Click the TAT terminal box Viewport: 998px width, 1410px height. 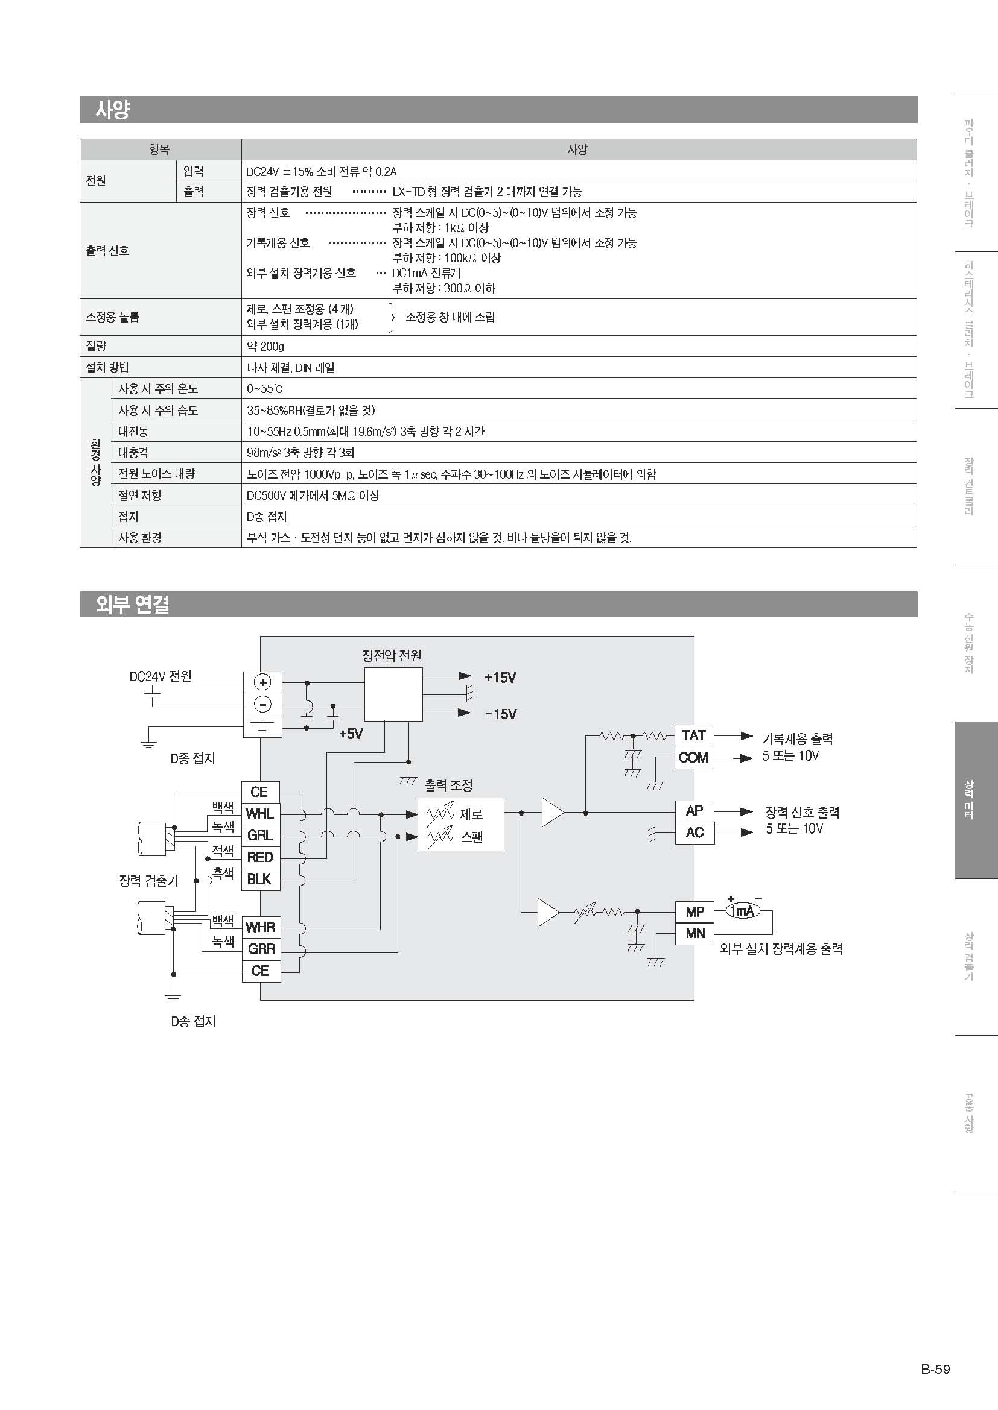[694, 735]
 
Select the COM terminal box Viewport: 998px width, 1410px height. [694, 757]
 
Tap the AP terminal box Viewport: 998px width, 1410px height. [694, 811]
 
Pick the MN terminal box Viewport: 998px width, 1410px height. [694, 933]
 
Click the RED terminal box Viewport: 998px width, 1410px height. [261, 857]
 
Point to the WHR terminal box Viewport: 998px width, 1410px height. [261, 927]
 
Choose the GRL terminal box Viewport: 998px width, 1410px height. [261, 835]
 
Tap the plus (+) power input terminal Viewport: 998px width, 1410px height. [263, 682]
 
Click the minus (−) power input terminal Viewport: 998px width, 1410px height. [263, 704]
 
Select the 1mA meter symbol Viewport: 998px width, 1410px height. [743, 911]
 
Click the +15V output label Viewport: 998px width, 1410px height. [500, 678]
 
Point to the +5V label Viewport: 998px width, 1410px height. [351, 734]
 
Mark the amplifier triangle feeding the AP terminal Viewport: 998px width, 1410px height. [552, 813]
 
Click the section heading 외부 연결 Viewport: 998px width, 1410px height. [133, 604]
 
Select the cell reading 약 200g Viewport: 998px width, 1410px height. [265, 347]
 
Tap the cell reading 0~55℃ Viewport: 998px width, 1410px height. [265, 389]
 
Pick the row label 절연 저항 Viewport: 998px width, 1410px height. [140, 495]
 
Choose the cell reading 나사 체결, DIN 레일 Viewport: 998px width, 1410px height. [291, 368]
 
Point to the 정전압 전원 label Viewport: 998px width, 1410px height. [392, 655]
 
